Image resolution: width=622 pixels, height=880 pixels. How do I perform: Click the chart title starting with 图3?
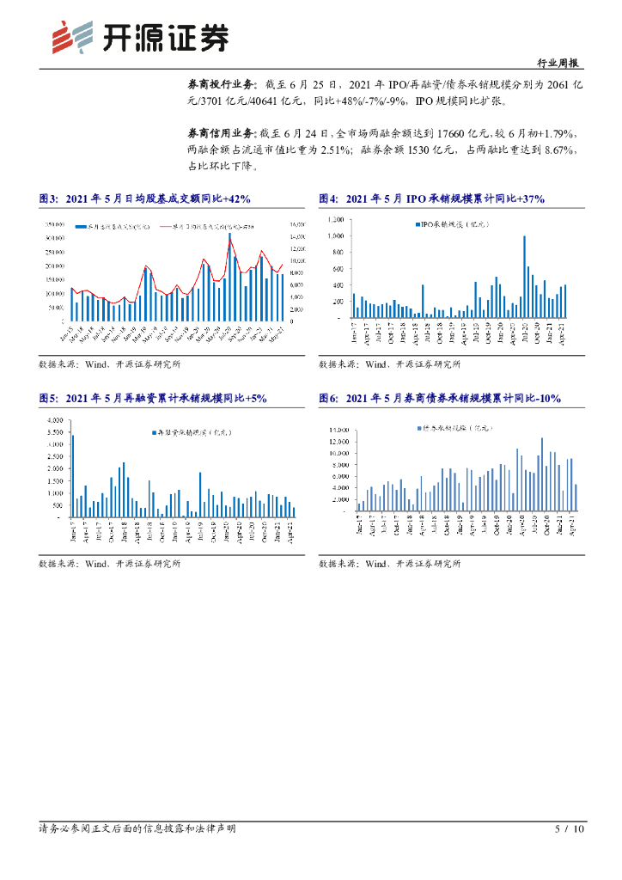[x=144, y=199]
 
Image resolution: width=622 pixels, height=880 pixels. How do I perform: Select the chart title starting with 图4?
[x=431, y=199]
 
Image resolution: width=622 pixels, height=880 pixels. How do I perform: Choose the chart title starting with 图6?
[x=439, y=398]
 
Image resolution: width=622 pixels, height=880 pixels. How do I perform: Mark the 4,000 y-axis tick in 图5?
[x=56, y=419]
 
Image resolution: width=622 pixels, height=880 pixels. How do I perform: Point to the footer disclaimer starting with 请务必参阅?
[x=137, y=829]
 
